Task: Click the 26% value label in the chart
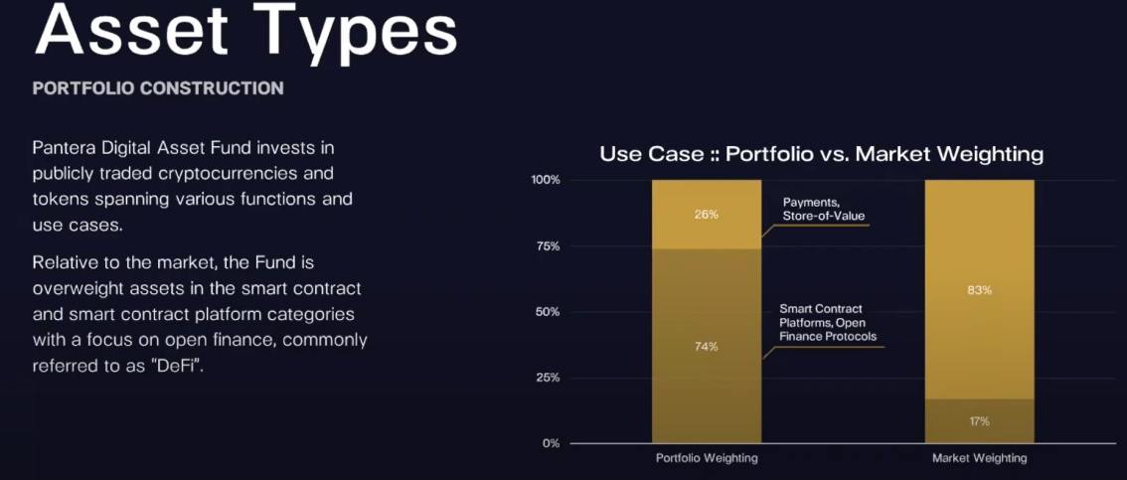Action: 706,214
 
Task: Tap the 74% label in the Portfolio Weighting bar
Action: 706,347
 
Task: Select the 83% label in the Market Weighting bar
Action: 979,290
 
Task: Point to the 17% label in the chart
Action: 979,421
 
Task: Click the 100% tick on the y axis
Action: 546,180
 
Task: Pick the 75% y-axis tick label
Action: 548,245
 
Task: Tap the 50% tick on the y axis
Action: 548,312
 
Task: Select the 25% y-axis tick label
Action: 548,378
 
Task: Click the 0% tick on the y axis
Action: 552,443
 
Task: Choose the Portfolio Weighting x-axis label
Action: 707,458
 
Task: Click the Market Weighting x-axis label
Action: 980,458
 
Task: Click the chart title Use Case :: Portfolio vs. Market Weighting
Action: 822,154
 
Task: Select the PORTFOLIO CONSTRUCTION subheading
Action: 158,88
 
